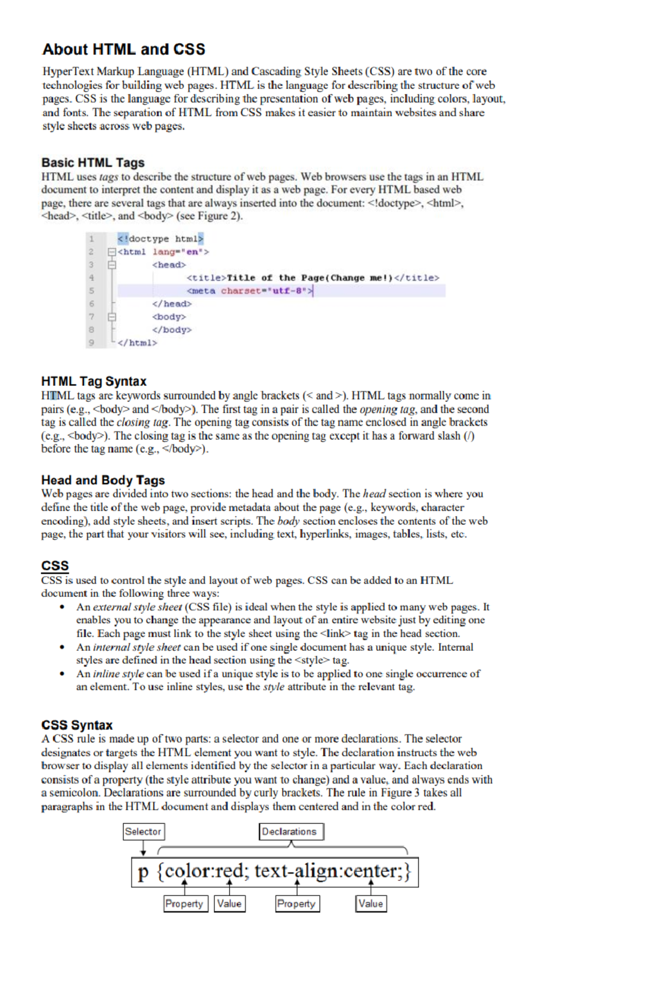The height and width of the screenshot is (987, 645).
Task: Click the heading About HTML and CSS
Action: [124, 49]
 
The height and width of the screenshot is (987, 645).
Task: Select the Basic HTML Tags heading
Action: [93, 162]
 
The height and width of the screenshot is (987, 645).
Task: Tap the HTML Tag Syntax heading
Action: [94, 381]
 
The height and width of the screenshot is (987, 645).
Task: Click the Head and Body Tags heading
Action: [103, 480]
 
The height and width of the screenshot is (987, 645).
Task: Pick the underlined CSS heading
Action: [55, 566]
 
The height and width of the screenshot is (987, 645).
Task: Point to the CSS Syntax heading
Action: [77, 725]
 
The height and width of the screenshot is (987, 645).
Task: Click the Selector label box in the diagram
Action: [143, 832]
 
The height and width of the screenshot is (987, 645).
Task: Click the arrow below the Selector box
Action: [143, 848]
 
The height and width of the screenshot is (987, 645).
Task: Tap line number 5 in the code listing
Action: [91, 291]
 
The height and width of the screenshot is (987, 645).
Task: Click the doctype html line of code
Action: [160, 239]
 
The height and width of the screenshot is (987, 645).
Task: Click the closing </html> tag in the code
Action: [138, 343]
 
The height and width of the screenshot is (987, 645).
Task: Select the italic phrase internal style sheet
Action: [137, 647]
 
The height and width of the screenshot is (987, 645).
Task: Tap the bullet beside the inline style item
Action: [63, 674]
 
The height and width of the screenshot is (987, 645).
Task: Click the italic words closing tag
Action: [142, 422]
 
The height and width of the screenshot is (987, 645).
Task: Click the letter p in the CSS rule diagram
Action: [142, 872]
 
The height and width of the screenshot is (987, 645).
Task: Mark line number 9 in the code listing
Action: [91, 343]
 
